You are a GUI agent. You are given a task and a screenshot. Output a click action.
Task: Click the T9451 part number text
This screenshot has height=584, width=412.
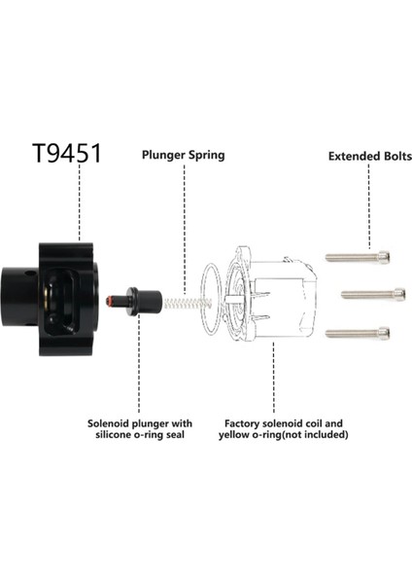(x=66, y=153)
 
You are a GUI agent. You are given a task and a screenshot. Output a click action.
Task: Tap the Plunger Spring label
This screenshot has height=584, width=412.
(x=185, y=154)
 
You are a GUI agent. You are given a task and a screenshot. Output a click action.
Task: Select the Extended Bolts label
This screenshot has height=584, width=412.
(x=369, y=155)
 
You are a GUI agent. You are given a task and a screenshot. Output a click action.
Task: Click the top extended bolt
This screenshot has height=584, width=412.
(x=358, y=257)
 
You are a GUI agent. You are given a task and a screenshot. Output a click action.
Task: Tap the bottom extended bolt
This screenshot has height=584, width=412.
(x=358, y=333)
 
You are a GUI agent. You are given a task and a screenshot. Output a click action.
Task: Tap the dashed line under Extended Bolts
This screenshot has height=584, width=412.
(x=369, y=204)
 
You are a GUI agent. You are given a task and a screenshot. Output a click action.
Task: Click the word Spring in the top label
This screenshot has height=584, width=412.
(x=206, y=154)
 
